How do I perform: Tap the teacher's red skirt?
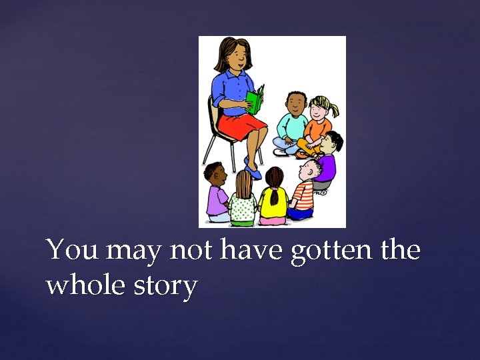(239, 125)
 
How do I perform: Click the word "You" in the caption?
(72, 251)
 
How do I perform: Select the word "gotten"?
(329, 251)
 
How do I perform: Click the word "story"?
(164, 286)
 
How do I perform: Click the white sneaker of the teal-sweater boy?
(281, 152)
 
